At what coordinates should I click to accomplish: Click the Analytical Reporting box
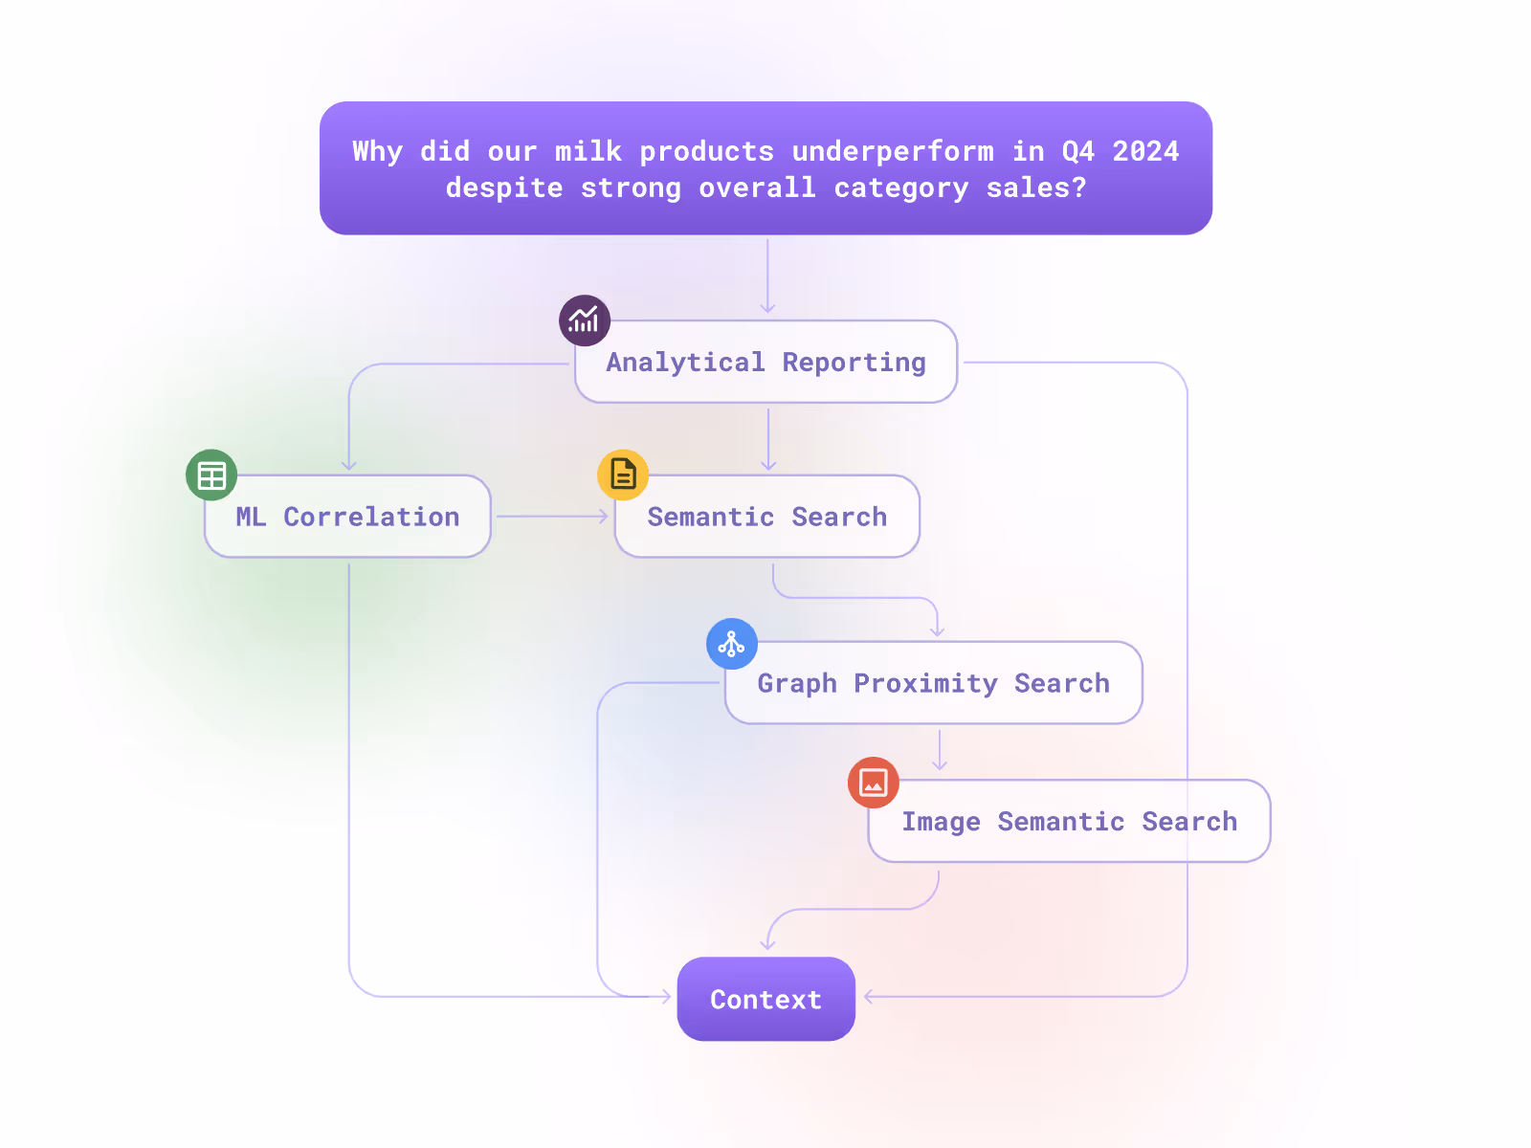[765, 363]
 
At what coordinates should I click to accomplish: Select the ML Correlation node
[348, 517]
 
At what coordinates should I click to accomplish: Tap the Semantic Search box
[767, 517]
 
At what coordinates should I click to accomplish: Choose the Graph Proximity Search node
[934, 683]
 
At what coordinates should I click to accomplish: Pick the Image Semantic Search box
[1069, 822]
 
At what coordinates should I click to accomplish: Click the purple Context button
[765, 1000]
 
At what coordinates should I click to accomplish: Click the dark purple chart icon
[585, 320]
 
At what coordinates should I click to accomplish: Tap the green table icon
[211, 475]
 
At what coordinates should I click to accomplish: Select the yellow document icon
[623, 475]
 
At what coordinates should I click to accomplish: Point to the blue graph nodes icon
[732, 644]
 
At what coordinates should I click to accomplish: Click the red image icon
[874, 783]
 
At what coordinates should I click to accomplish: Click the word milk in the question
[588, 151]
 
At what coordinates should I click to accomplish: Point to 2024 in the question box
[1145, 151]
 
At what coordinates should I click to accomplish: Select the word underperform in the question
[893, 151]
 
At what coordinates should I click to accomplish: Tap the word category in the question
[901, 188]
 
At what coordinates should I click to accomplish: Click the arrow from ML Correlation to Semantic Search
[552, 517]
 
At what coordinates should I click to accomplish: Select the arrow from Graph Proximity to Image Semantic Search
[940, 750]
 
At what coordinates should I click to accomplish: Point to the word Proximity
[925, 683]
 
